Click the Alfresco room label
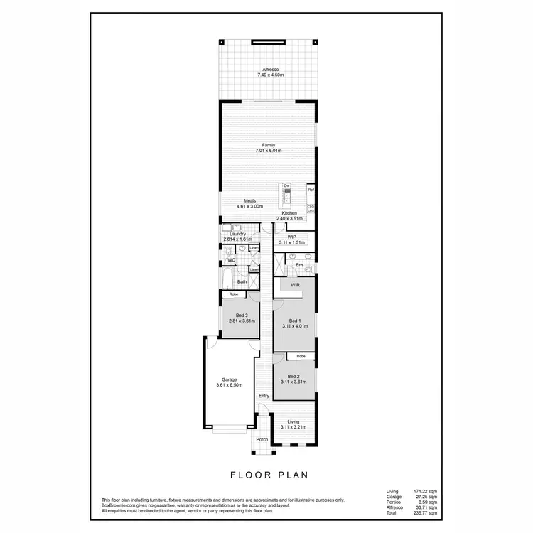pos(269,69)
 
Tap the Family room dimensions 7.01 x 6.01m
pos(269,151)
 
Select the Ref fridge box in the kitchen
pos(311,190)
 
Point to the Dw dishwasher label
pos(286,186)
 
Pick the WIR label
pos(295,284)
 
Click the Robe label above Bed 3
pos(232,294)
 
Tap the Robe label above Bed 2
pos(301,355)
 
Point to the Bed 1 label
pos(295,321)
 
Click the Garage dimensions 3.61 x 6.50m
pos(229,385)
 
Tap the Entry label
pos(264,396)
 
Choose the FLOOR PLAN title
pos(269,475)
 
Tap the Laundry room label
pos(237,234)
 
